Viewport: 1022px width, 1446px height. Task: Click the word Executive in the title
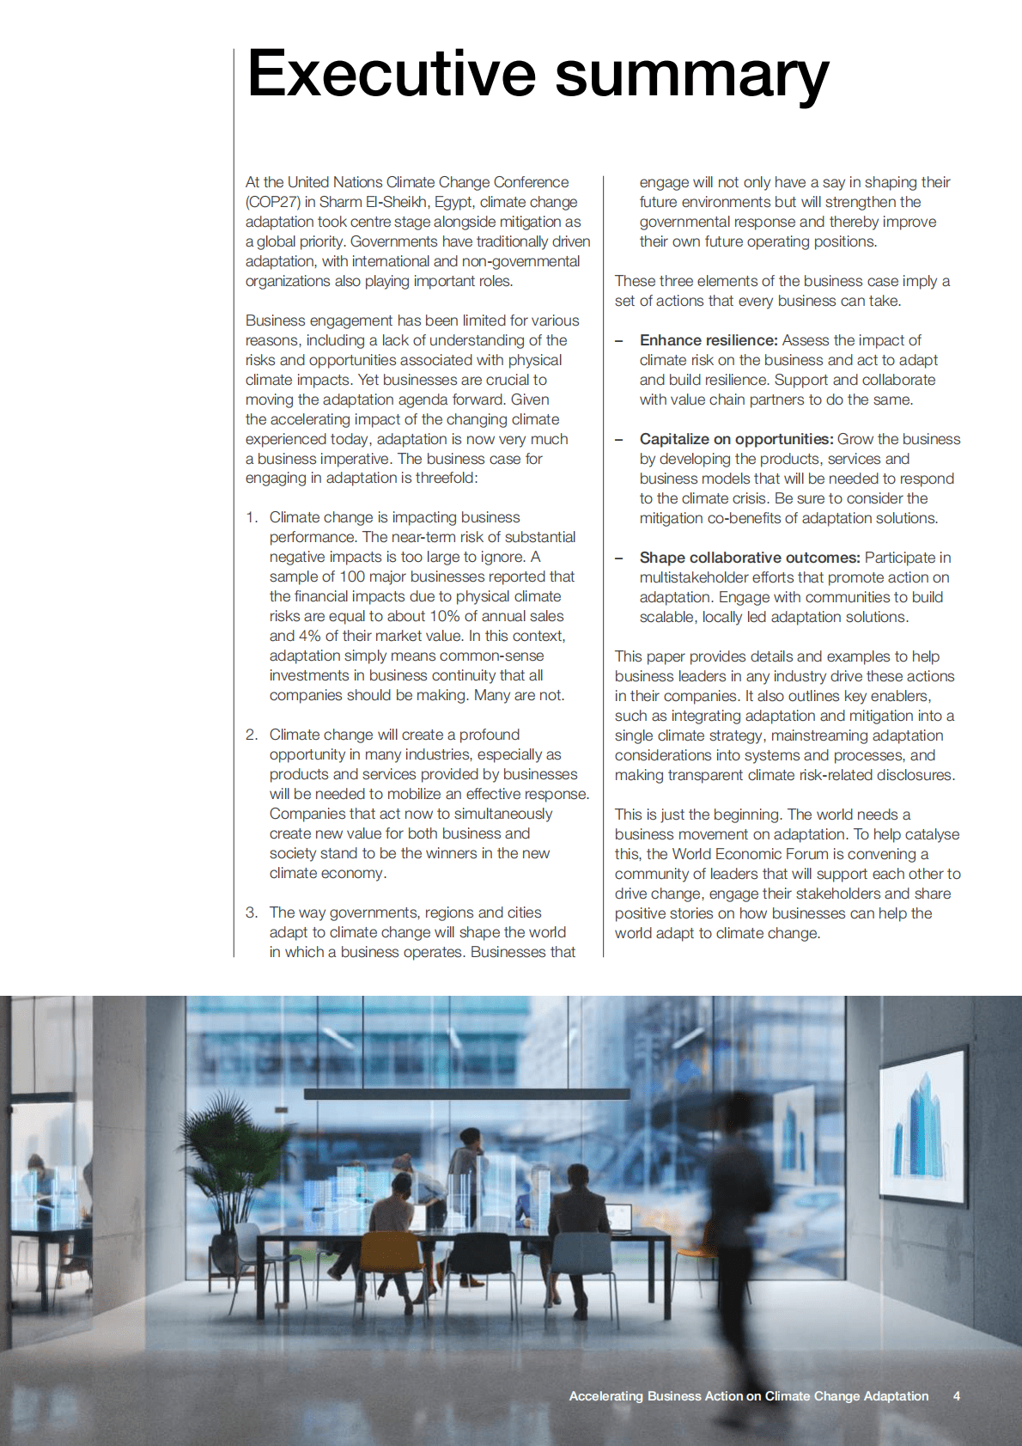[391, 74]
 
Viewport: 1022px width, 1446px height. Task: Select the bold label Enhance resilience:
[709, 340]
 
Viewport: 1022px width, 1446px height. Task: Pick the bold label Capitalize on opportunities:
[736, 439]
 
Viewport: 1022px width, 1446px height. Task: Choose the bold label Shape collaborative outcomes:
[750, 558]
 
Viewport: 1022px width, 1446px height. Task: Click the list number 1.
[251, 517]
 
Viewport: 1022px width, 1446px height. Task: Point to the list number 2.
[251, 735]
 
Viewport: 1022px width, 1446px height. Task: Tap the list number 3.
[251, 912]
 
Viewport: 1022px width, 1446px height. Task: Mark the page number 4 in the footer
[956, 1396]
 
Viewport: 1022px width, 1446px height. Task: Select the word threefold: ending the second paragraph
[446, 478]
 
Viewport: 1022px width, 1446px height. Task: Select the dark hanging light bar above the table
[466, 1095]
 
